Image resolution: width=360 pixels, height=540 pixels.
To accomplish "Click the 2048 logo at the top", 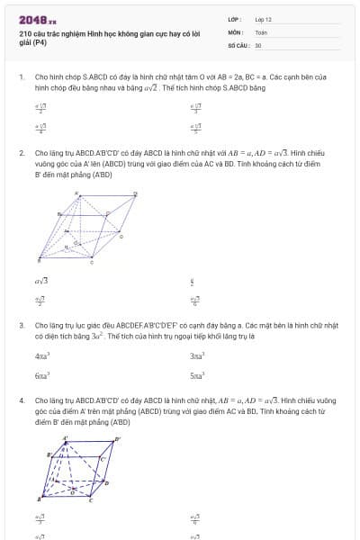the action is pos(37,19).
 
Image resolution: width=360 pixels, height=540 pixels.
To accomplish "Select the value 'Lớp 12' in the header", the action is pos(263,19).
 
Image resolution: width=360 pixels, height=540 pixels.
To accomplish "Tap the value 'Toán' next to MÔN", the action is pos(261,31).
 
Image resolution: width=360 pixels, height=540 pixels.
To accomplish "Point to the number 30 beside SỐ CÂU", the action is pos(258,45).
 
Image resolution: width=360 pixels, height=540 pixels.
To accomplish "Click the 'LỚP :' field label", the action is pos(235,19).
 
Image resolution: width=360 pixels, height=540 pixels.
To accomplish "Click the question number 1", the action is pos(21,77).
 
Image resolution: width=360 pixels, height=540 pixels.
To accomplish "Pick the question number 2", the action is pos(21,153).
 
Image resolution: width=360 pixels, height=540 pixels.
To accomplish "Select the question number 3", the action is pos(21,324).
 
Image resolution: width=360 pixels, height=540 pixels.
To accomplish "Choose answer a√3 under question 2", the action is pos(41,280).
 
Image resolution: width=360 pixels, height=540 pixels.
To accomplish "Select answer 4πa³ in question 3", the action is pos(42,356).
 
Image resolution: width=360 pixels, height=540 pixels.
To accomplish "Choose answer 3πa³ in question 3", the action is pos(197,356).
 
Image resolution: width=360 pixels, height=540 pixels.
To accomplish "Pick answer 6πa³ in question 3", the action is pos(42,374).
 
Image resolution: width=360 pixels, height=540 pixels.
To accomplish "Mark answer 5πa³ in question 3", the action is pos(197,374).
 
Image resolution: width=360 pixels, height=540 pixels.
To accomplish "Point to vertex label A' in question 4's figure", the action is pos(65,438).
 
